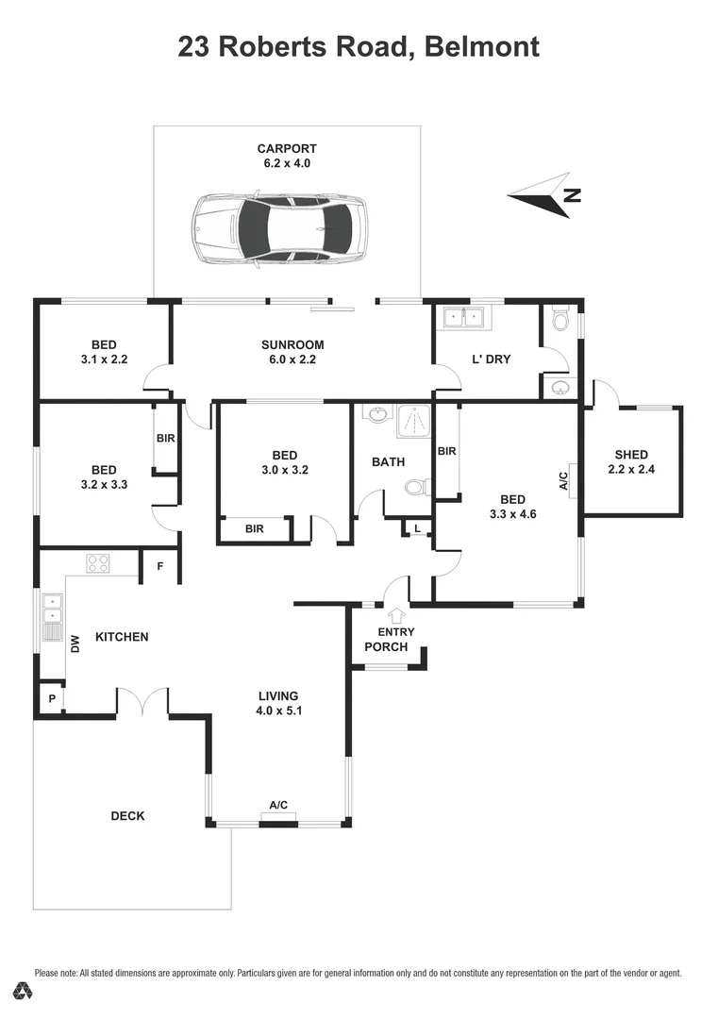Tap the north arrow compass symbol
[x=545, y=195]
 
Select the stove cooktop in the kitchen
[x=98, y=563]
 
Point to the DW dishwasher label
[x=75, y=644]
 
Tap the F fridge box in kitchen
[x=159, y=566]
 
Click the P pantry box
[x=50, y=699]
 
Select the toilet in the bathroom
[x=416, y=487]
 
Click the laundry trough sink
[x=464, y=318]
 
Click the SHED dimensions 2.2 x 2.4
[x=631, y=469]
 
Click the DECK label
[x=127, y=815]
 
